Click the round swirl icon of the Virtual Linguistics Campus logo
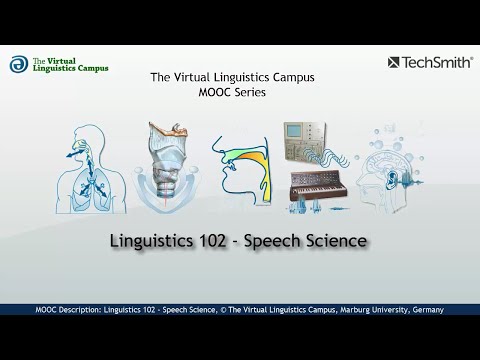(x=18, y=64)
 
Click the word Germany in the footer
(x=424, y=310)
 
